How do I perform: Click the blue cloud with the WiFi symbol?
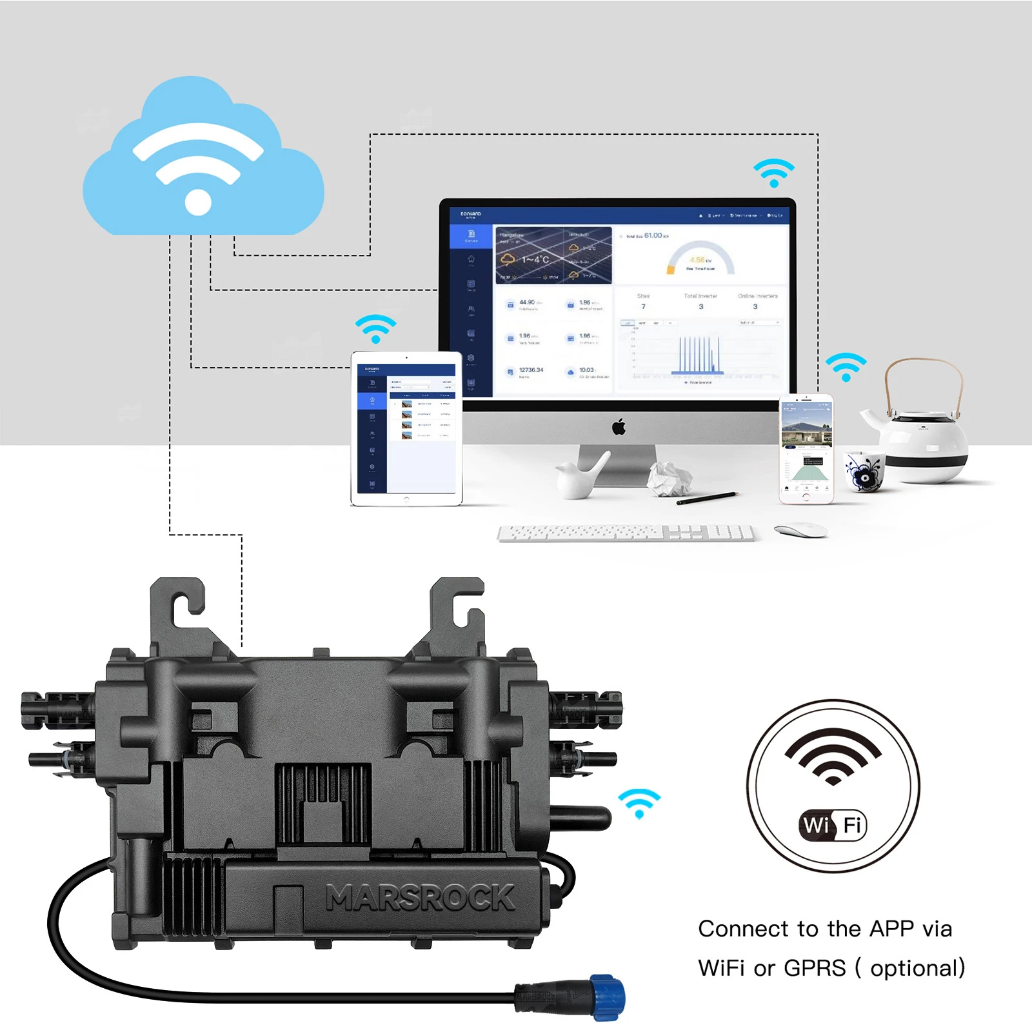tap(203, 161)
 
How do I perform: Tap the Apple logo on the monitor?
tap(619, 427)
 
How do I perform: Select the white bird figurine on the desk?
tap(580, 477)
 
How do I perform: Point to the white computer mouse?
tap(800, 530)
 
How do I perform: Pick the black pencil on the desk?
tap(706, 497)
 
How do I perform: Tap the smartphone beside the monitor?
tap(806, 448)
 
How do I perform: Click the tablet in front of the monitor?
tap(406, 429)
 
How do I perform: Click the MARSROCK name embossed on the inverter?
tap(420, 898)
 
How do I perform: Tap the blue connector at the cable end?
tap(608, 998)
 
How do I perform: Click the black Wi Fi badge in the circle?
tap(833, 825)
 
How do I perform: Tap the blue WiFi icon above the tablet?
tap(375, 329)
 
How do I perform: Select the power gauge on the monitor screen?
tap(700, 259)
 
